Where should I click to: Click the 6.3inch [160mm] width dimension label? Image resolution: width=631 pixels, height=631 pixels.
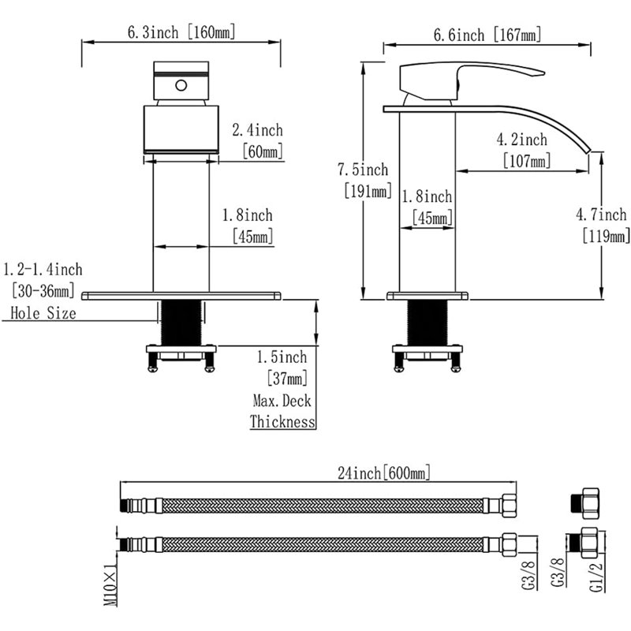[x=181, y=32]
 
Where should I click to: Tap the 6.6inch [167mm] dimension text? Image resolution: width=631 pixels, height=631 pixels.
[x=487, y=35]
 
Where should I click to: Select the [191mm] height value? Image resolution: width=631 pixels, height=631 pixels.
[x=368, y=190]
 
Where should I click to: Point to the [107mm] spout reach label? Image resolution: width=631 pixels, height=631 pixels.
[x=527, y=161]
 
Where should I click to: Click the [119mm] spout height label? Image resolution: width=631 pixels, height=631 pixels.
[x=606, y=235]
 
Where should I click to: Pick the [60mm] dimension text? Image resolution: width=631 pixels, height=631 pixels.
[x=263, y=151]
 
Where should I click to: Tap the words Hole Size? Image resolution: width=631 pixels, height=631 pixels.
[x=43, y=313]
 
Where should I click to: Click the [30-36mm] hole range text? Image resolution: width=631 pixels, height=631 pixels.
[x=43, y=290]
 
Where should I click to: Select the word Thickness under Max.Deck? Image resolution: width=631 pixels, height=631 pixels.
[x=282, y=422]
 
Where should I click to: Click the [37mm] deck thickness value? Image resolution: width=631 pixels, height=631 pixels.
[x=287, y=379]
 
